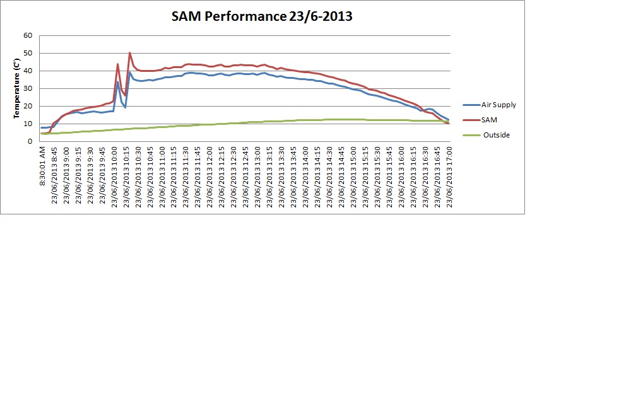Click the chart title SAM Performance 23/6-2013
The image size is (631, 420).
pyautogui.click(x=262, y=16)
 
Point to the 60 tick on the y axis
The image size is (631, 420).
pyautogui.click(x=28, y=35)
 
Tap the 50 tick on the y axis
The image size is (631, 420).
pyautogui.click(x=28, y=53)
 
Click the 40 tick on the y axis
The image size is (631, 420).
pyautogui.click(x=28, y=71)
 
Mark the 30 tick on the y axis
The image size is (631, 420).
pyautogui.click(x=28, y=88)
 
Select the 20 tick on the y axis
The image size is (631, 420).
pyautogui.click(x=28, y=106)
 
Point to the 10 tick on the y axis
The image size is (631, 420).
pyautogui.click(x=28, y=124)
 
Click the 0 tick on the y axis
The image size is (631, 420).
pyautogui.click(x=30, y=141)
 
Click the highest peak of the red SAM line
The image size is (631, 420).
pyautogui.click(x=130, y=53)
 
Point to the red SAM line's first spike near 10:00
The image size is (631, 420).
pyautogui.click(x=118, y=64)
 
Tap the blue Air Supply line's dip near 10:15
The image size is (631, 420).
pyautogui.click(x=126, y=107)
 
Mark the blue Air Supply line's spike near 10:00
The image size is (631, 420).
pyautogui.click(x=118, y=81)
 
